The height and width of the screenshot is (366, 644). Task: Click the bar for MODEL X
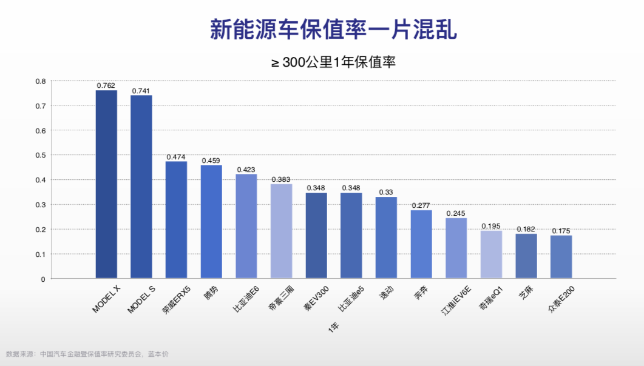[x=106, y=184]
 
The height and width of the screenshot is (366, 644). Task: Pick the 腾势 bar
[x=211, y=222]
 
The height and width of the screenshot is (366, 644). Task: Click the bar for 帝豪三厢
[x=282, y=231]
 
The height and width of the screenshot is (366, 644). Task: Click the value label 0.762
[x=106, y=85]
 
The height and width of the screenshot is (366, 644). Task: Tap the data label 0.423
[x=246, y=170]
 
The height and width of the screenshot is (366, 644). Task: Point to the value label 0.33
[x=386, y=192]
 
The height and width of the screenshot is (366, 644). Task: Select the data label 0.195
[x=491, y=226]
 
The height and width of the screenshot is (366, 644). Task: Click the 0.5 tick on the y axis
[x=40, y=155]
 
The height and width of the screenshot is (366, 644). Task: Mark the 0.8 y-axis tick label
[x=40, y=81]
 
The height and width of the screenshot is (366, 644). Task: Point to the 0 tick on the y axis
[x=42, y=279]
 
